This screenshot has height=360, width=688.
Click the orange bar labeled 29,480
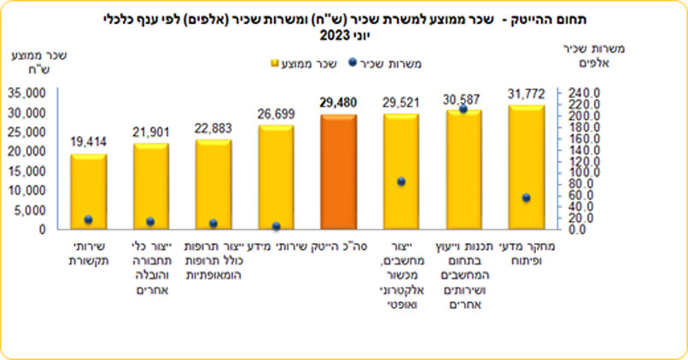338,171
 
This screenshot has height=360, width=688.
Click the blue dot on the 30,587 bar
464,109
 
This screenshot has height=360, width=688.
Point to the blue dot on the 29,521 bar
401,182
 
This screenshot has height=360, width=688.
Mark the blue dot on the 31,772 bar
527,198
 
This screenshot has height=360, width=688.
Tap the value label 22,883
213,129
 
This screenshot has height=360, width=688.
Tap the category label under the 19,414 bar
88,252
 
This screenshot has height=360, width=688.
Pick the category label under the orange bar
338,246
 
